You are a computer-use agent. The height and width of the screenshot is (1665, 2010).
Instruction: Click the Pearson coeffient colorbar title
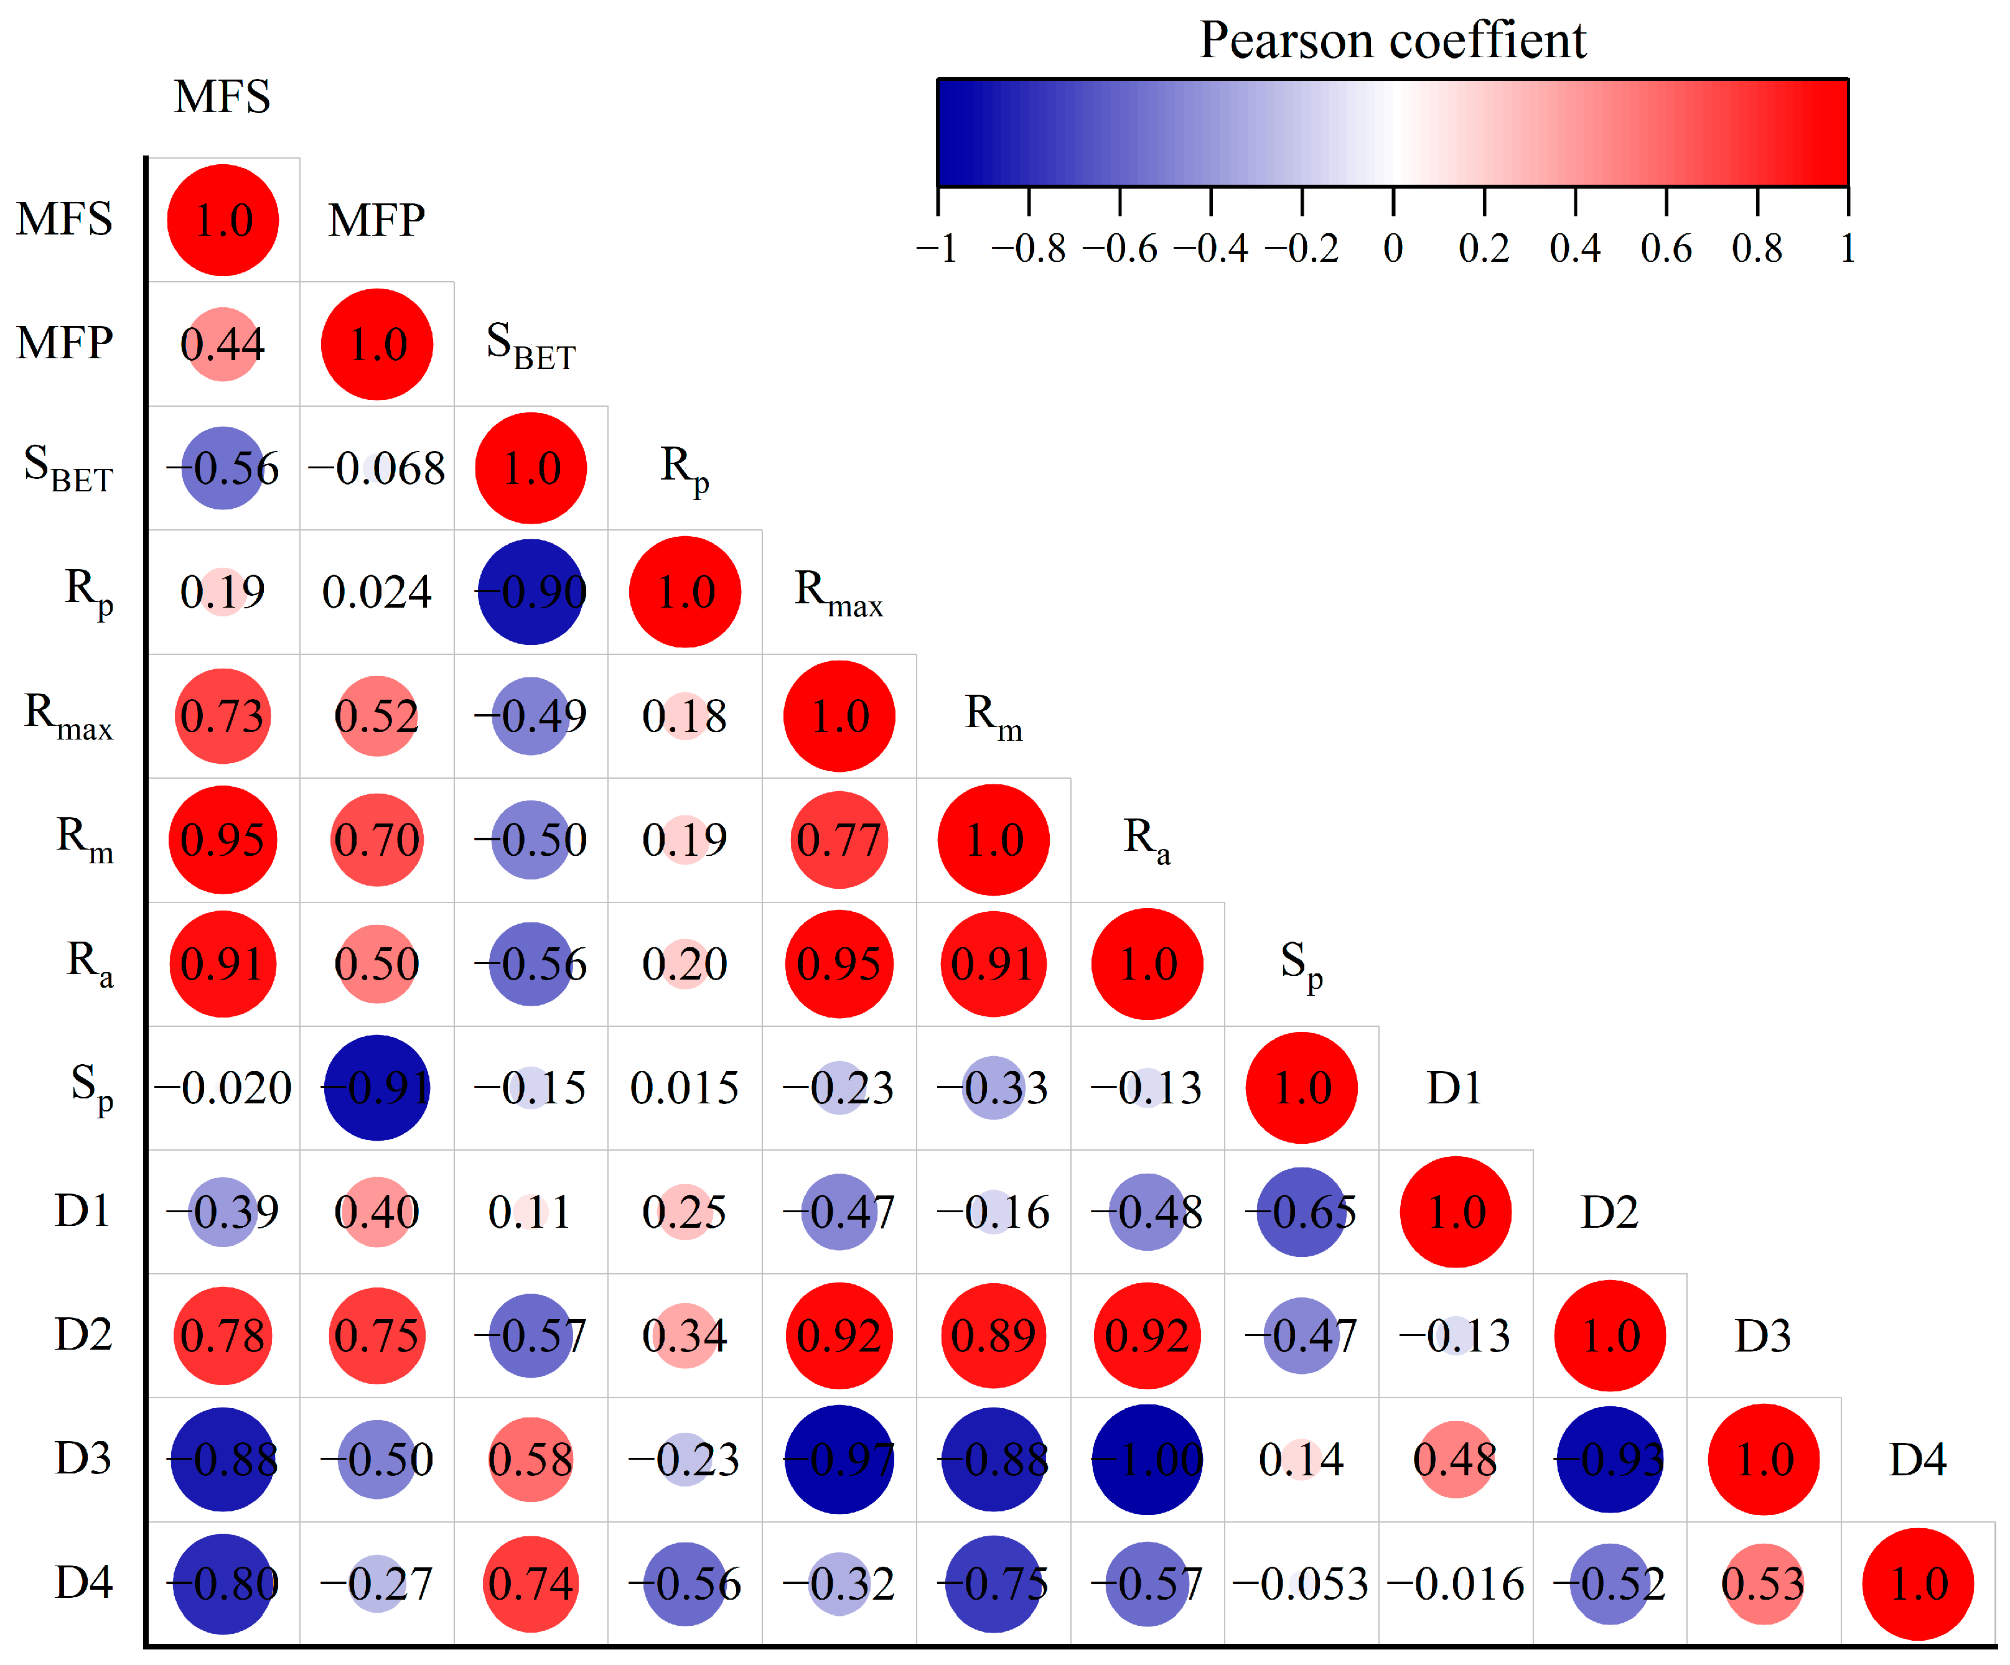click(x=1393, y=40)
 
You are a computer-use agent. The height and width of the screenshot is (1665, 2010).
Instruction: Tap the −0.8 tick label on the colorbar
click(x=1028, y=249)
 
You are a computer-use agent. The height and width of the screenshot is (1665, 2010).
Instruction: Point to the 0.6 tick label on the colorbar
click(x=1665, y=249)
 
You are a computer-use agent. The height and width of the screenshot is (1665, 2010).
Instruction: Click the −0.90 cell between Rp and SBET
click(x=531, y=592)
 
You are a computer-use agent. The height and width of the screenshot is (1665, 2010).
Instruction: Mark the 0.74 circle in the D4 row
click(x=531, y=1584)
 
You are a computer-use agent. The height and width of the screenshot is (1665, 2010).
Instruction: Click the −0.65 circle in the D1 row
click(x=1302, y=1212)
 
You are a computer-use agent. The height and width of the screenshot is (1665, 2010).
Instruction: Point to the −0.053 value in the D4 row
click(x=1302, y=1584)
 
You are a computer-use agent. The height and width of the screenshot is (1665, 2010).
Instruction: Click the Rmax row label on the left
click(x=69, y=716)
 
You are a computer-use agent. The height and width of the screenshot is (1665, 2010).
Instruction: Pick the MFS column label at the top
click(x=222, y=96)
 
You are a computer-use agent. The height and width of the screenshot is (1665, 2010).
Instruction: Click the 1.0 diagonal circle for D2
click(x=1610, y=1336)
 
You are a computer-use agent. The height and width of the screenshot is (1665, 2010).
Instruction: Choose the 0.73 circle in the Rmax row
click(x=222, y=716)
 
